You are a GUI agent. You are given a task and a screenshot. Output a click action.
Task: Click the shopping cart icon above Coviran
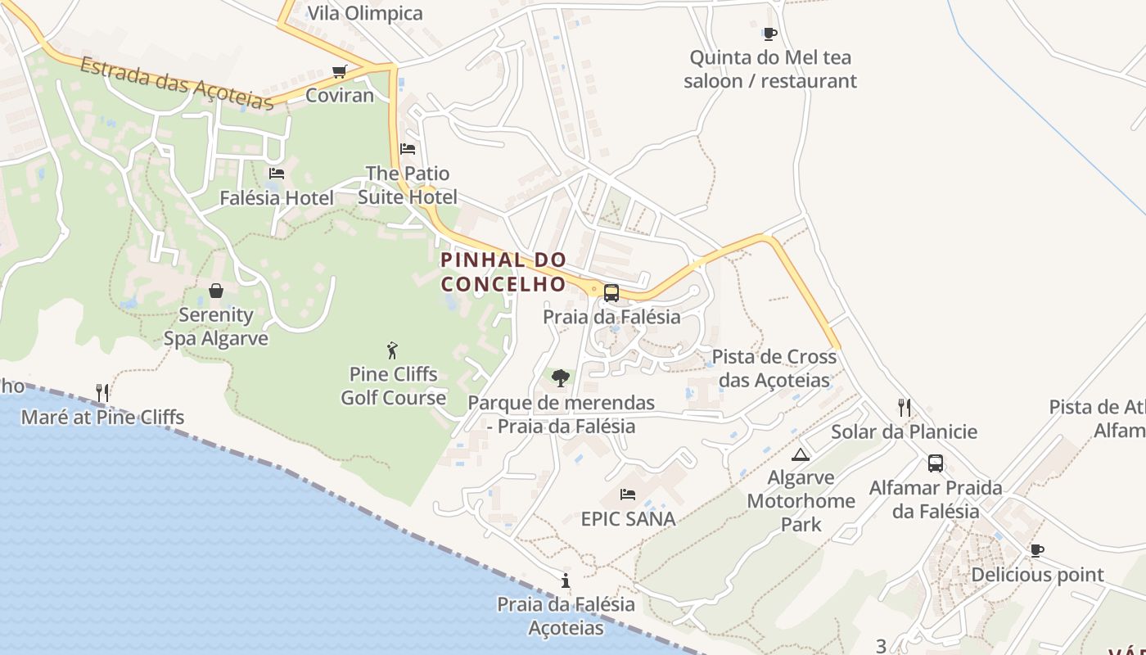pos(340,72)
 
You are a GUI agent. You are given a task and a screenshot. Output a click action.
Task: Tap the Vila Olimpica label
pos(365,13)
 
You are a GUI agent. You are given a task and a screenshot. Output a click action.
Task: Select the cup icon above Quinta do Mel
pos(769,34)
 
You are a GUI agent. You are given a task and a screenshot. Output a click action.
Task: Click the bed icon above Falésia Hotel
pos(277,174)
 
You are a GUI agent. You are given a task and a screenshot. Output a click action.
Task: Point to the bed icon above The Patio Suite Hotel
pos(408,149)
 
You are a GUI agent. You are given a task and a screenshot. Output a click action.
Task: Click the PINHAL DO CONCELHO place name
pos(503,272)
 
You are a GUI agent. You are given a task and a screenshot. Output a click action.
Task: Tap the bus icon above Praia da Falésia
pos(611,292)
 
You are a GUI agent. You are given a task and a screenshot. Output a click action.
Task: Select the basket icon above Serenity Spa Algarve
pos(216,291)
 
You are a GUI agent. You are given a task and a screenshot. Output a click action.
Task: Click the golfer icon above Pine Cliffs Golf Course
pos(392,350)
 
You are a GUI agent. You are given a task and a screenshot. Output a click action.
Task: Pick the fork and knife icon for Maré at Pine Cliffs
pos(102,393)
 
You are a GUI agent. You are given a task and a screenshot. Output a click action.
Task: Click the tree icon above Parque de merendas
pos(561,378)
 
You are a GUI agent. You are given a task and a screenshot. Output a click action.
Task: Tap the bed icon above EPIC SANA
pos(628,495)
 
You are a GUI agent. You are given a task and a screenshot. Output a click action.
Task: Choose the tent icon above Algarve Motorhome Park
pos(801,454)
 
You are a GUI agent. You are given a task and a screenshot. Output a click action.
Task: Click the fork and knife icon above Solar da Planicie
pos(905,408)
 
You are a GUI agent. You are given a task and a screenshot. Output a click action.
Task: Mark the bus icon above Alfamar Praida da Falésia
pos(936,463)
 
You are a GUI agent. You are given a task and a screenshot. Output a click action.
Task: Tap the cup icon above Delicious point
pos(1037,550)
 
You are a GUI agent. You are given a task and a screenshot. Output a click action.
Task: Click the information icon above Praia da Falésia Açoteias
pos(565,580)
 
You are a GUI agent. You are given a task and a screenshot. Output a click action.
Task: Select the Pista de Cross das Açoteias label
pos(774,368)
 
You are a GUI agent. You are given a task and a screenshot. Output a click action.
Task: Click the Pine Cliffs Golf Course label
pos(394,386)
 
